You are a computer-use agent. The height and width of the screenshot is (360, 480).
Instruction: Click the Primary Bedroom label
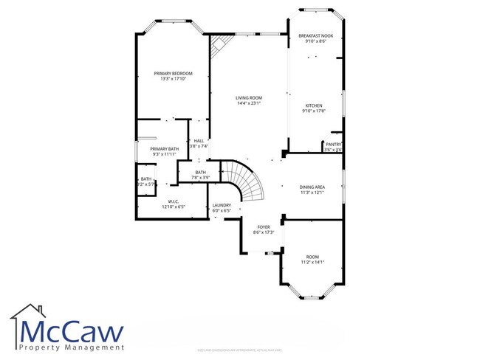coord(173,73)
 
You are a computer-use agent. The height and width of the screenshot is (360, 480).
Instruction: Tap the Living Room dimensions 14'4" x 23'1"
coord(250,103)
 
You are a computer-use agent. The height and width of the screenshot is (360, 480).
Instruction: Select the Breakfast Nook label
coord(315,35)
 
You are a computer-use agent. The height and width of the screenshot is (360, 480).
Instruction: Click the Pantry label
coord(333,144)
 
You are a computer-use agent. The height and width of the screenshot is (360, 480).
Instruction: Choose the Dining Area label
coord(312,187)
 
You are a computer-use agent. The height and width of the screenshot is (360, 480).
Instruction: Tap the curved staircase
coord(243,183)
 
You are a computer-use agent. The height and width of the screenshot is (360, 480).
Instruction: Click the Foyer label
coord(264,226)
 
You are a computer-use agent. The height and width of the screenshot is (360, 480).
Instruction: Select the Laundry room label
coord(222,205)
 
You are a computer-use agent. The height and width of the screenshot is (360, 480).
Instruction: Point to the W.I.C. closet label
coord(174,201)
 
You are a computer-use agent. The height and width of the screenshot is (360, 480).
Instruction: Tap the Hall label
coord(199,141)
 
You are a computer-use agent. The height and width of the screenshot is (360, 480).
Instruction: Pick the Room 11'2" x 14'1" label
coord(312,256)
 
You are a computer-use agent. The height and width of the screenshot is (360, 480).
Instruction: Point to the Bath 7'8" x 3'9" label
coord(201,173)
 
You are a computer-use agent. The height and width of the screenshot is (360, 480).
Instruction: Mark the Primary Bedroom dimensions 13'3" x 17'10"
coord(173,79)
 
